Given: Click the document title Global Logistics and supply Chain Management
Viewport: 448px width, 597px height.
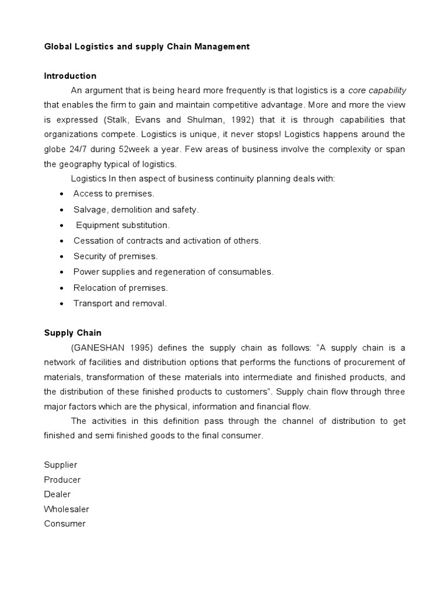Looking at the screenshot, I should (146, 47).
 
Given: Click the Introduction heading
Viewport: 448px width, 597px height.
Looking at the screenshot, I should (70, 76).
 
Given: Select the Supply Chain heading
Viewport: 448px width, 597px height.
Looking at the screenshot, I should (72, 333).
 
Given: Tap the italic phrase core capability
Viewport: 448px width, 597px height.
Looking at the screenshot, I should (377, 90).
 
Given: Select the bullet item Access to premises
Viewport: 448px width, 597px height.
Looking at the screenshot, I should (114, 194).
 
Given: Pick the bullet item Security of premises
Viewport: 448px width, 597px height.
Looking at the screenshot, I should (116, 256).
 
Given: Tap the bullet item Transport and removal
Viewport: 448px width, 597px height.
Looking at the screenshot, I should (120, 303).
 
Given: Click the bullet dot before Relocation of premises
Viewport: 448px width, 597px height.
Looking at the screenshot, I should (62, 288).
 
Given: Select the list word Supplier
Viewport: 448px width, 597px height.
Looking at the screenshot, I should (61, 465).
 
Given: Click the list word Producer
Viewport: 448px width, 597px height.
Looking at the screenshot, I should (62, 480).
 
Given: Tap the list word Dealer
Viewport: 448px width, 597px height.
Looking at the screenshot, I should (57, 494).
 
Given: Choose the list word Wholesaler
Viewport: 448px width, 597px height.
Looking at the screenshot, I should (66, 509).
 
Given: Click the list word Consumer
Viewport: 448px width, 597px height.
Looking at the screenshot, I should (65, 524).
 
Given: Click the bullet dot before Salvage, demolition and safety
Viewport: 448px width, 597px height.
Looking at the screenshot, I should (62, 209).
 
